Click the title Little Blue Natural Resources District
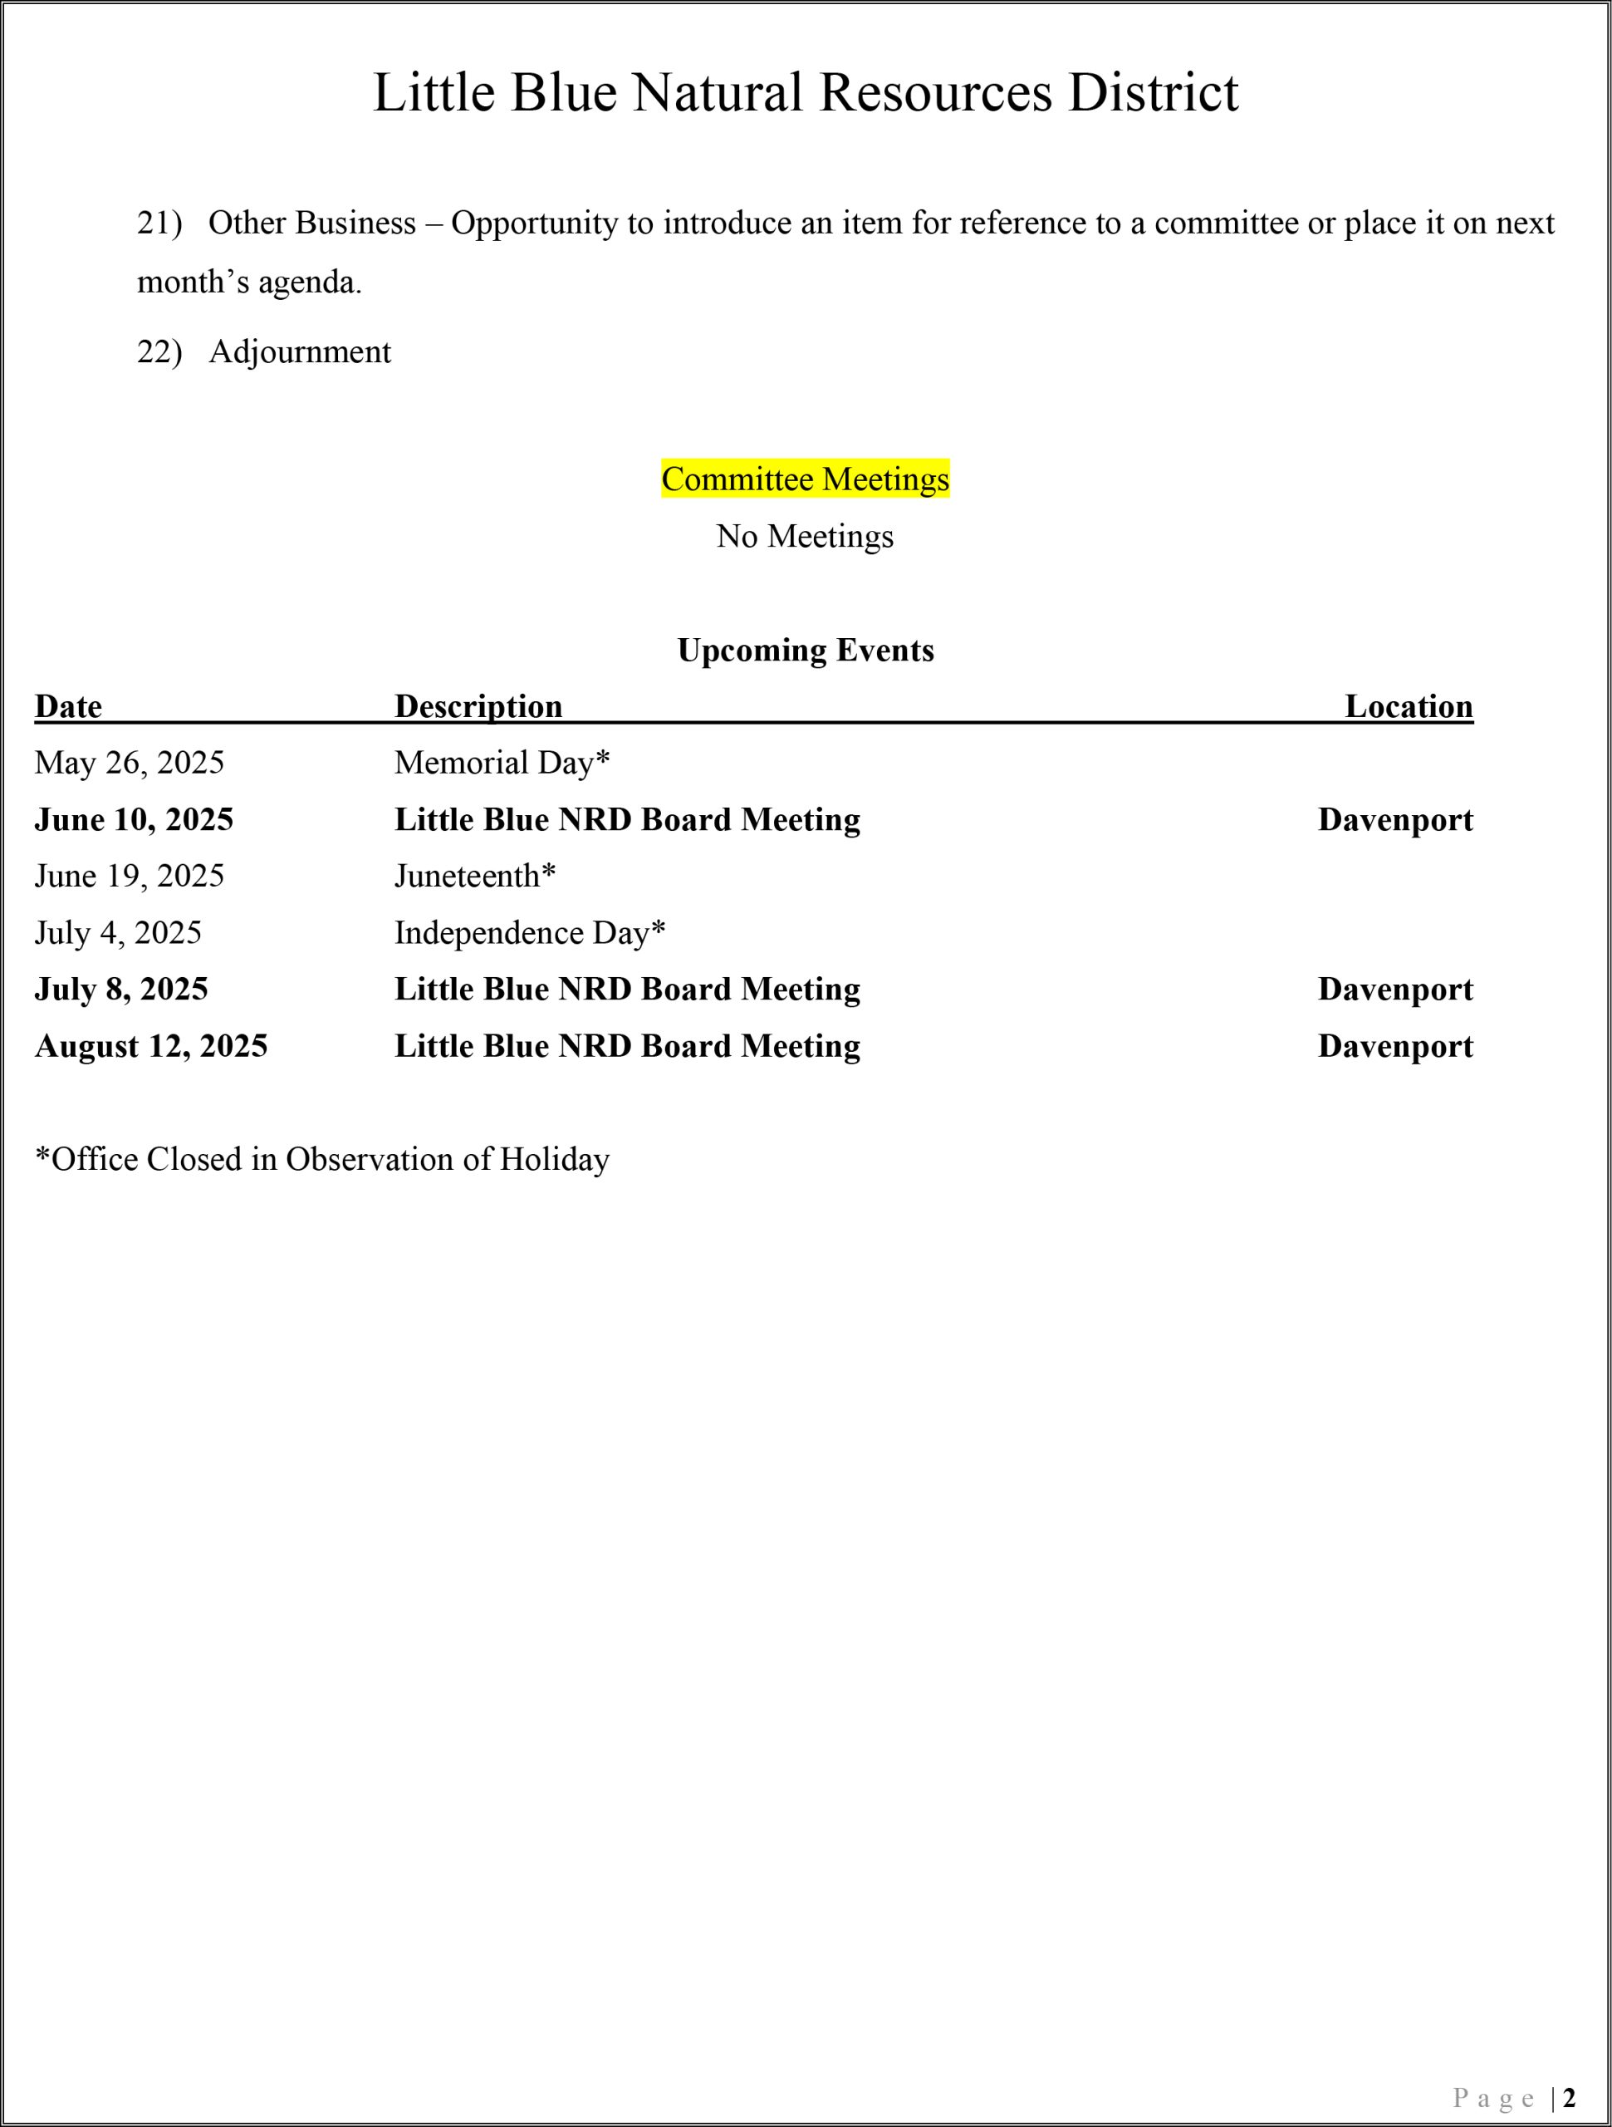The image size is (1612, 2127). coord(805,93)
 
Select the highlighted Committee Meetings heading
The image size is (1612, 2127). coord(805,479)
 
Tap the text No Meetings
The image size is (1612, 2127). coord(805,536)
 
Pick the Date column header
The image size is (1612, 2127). coord(68,707)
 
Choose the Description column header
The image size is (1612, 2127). coord(478,707)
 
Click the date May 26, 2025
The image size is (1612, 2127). coord(129,763)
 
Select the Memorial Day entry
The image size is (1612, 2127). coord(502,763)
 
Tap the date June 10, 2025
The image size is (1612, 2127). coord(134,819)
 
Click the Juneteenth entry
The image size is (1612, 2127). coord(475,876)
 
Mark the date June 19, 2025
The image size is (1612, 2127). coord(129,876)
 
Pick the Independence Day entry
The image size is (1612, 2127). coord(530,933)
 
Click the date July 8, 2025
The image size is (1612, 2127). coord(121,990)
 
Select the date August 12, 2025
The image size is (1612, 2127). coord(151,1046)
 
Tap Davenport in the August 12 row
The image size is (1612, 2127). coord(1394,1046)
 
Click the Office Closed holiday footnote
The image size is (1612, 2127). coord(322,1160)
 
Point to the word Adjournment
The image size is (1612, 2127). coord(300,352)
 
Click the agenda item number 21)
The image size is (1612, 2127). coord(159,223)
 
